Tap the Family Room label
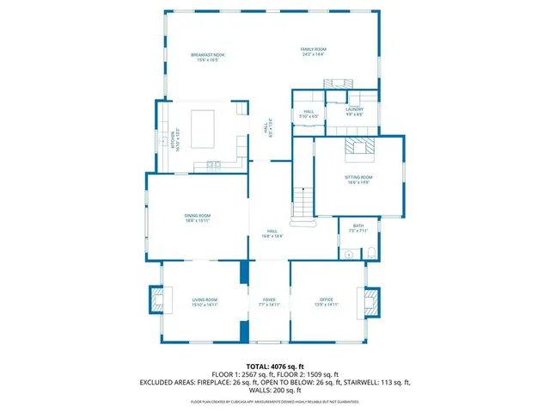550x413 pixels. pyautogui.click(x=313, y=52)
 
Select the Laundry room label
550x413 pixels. pyautogui.click(x=355, y=111)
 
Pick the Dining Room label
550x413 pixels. pyautogui.click(x=197, y=218)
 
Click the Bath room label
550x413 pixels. pyautogui.click(x=358, y=229)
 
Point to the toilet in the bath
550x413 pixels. pyautogui.click(x=371, y=252)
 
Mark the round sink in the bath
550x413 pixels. pyautogui.click(x=349, y=254)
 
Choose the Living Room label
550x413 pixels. pyautogui.click(x=205, y=302)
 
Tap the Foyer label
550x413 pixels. pyautogui.click(x=269, y=302)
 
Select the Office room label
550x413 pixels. pyautogui.click(x=326, y=302)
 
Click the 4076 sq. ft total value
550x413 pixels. pyautogui.click(x=287, y=366)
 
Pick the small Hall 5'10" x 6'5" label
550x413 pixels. pyautogui.click(x=309, y=113)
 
